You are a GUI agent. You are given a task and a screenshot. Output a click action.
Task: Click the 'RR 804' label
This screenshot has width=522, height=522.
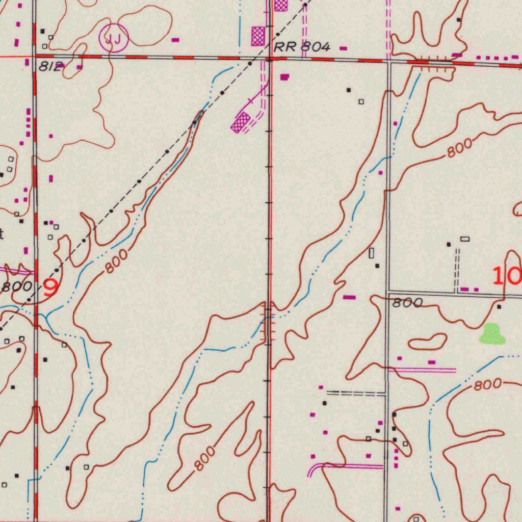click(302, 47)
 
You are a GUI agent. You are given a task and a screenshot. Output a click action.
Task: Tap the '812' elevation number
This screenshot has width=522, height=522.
click(50, 66)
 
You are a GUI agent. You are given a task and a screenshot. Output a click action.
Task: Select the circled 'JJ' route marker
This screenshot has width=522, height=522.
click(113, 38)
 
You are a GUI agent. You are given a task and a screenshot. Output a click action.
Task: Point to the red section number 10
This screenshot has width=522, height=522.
click(507, 276)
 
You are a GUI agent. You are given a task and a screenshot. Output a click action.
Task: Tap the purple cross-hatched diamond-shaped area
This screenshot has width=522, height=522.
click(241, 123)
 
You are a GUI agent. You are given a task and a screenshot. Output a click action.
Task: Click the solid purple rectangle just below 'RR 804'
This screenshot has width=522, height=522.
click(284, 76)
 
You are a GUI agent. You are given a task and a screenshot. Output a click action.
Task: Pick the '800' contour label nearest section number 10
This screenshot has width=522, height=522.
click(407, 303)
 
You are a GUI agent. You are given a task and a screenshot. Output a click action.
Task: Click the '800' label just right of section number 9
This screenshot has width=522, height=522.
click(117, 263)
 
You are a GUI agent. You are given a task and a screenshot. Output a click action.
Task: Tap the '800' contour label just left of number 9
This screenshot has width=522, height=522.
click(16, 286)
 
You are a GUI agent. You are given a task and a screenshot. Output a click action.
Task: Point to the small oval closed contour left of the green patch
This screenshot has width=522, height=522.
click(427, 342)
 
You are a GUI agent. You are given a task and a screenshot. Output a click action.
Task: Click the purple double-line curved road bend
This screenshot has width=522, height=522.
click(314, 469)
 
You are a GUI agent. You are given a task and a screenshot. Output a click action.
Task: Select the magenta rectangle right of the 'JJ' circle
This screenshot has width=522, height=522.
click(175, 39)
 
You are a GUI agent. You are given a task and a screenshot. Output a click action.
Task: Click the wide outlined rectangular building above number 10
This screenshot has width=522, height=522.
click(464, 239)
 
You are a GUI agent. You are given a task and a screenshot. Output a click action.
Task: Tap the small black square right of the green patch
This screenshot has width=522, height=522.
click(499, 306)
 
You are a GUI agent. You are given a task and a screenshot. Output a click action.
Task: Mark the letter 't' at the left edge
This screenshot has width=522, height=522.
click(2, 234)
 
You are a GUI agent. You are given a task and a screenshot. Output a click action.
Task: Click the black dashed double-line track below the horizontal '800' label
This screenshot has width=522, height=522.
click(356, 393)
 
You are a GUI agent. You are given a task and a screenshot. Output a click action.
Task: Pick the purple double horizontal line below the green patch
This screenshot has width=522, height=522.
click(422, 370)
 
